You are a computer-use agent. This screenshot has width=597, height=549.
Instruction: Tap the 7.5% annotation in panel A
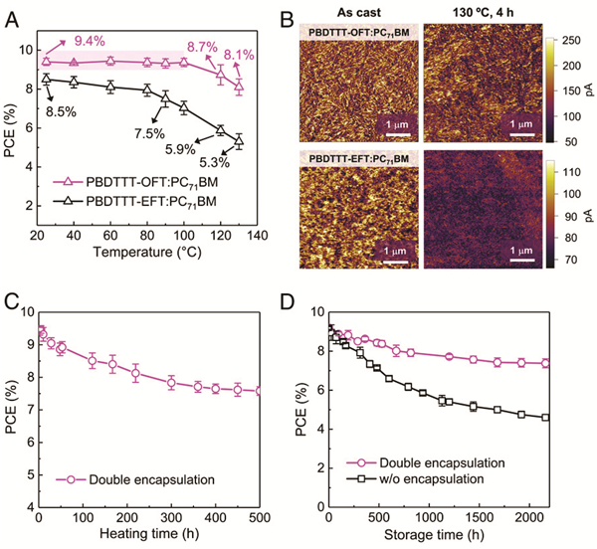click(150, 133)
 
